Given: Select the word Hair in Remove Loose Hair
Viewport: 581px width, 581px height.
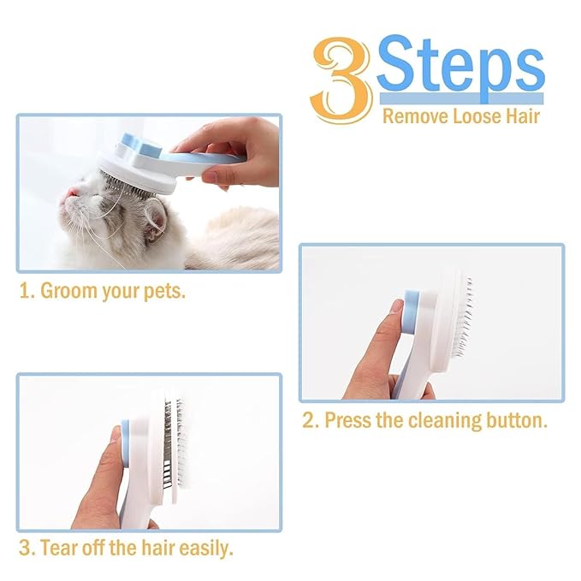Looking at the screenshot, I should coord(521,115).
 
